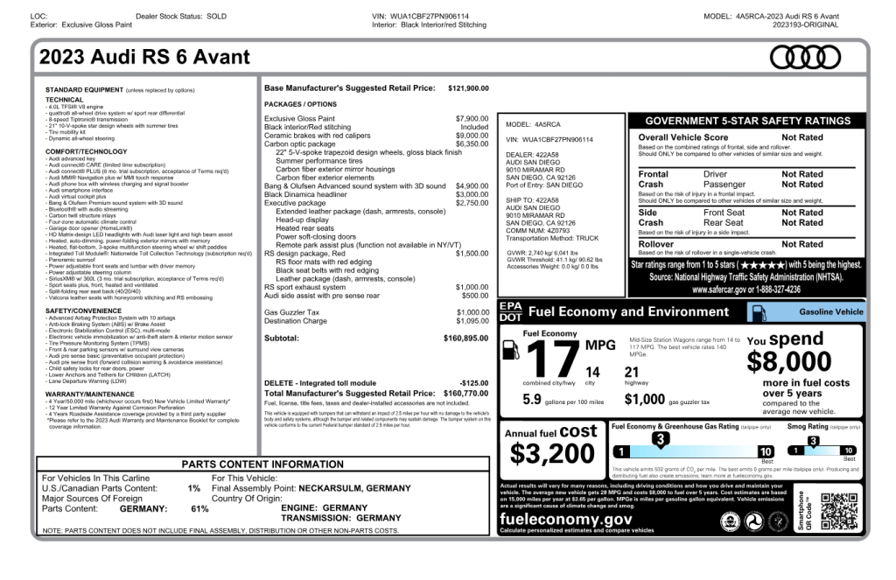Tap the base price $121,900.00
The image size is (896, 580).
[x=468, y=88]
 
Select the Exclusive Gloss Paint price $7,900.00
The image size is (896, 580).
[x=472, y=118]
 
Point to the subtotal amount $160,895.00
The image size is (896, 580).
[x=466, y=338]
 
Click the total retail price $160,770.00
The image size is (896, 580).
[x=466, y=394]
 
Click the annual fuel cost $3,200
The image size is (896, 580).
[x=552, y=453]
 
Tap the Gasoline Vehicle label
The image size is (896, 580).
[x=830, y=311]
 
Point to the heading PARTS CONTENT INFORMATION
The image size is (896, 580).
[x=262, y=465]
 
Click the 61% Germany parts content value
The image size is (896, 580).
[x=199, y=508]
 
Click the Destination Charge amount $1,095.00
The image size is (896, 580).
[x=472, y=321]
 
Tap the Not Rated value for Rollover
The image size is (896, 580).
[x=801, y=245]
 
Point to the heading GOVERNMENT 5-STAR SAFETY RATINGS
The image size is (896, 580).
[x=747, y=121]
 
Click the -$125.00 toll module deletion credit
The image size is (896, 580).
[x=474, y=383]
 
